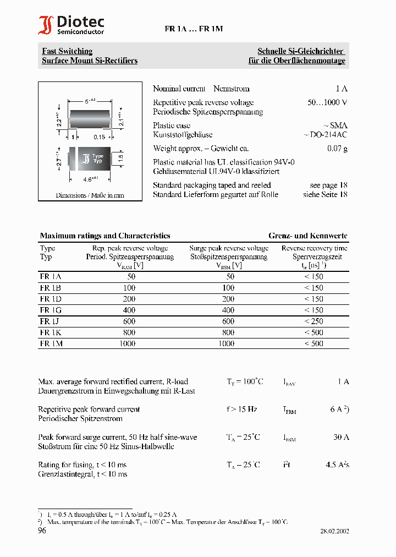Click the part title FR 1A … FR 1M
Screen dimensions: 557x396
(x=194, y=29)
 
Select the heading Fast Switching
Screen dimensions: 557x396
(x=67, y=51)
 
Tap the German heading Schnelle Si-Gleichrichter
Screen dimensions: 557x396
(x=301, y=51)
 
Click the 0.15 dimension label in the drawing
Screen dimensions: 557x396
(x=99, y=137)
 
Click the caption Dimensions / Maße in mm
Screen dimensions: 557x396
(x=90, y=195)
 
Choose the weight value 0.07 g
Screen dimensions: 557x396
(x=337, y=149)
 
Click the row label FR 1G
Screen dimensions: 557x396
(x=51, y=310)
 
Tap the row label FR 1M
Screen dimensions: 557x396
(x=51, y=343)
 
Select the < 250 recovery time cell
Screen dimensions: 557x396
(x=313, y=321)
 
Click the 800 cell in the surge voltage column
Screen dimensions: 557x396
(x=228, y=332)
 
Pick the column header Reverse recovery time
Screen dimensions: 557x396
(x=314, y=248)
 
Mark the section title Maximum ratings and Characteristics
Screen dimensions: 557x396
(x=105, y=236)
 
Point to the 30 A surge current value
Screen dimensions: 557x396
(x=341, y=437)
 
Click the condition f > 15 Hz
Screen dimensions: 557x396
(x=242, y=409)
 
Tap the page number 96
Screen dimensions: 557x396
(x=42, y=531)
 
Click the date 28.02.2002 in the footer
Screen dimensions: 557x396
(x=334, y=531)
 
